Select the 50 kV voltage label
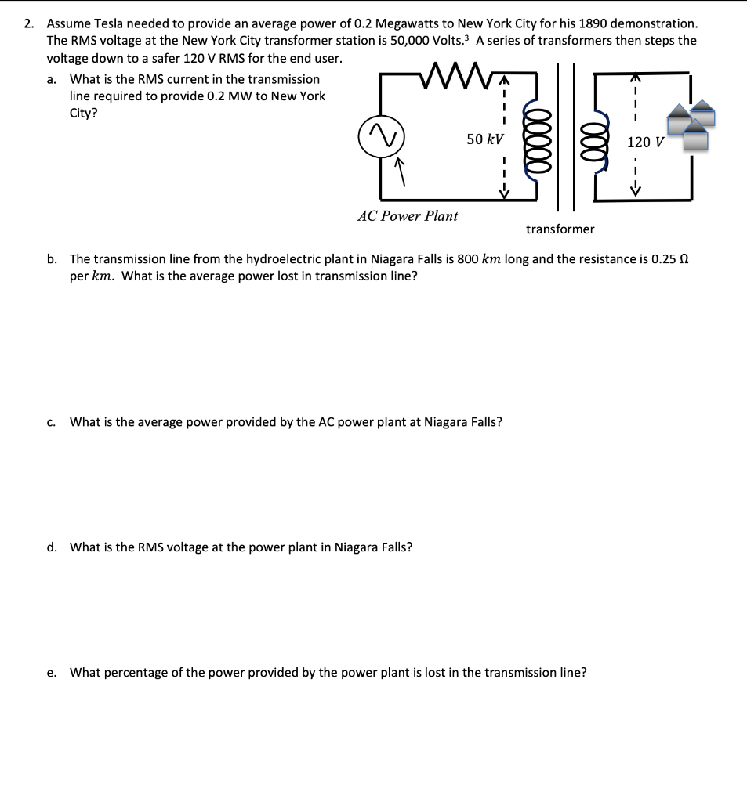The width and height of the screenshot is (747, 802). [484, 139]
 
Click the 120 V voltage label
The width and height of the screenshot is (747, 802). [645, 142]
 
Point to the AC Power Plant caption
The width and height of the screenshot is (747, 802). [408, 215]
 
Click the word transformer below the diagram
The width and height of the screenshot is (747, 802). [560, 229]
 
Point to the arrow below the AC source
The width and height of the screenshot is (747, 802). [399, 172]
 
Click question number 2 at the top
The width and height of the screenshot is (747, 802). [28, 23]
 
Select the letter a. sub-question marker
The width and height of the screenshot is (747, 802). [52, 79]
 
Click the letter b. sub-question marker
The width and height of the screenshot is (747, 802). [52, 258]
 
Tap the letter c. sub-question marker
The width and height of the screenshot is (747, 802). [52, 422]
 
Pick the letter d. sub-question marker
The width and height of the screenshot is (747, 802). [52, 547]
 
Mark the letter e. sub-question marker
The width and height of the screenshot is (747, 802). [52, 672]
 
